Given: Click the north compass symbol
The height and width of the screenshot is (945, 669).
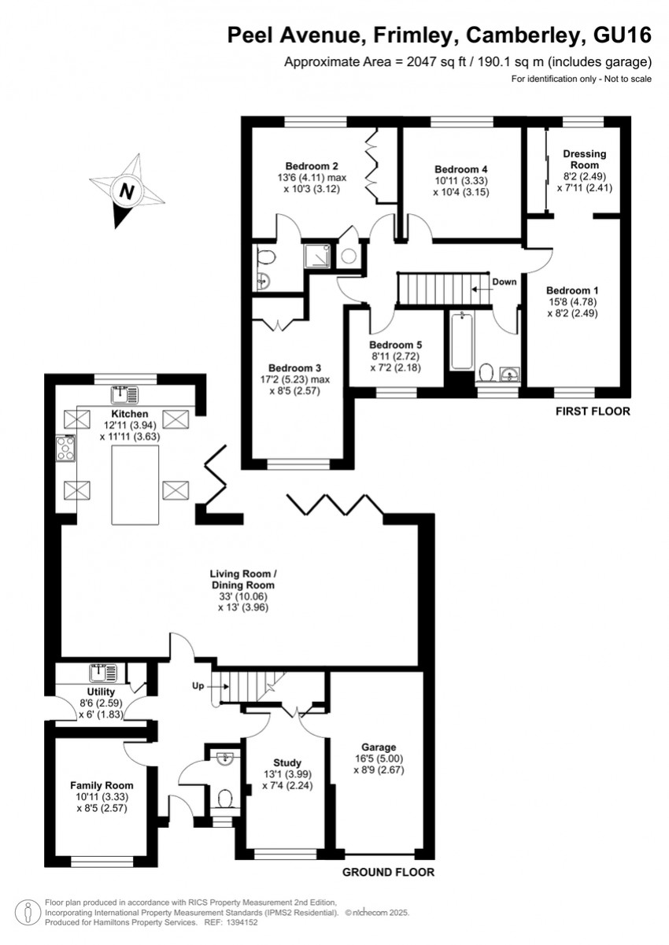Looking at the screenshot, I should click(x=125, y=191).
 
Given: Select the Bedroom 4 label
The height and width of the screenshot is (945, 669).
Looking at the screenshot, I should click(x=461, y=169).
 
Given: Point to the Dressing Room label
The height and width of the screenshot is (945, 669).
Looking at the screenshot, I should click(x=585, y=160).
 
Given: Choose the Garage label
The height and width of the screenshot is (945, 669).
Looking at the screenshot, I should click(x=379, y=747).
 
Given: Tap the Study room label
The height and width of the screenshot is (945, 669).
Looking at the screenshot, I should click(x=287, y=762).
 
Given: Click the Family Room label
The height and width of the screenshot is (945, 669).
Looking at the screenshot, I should click(x=102, y=785).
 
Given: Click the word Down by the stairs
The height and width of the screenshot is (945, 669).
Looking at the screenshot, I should click(x=504, y=282).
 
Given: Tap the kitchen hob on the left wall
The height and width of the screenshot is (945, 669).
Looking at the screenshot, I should click(x=65, y=449).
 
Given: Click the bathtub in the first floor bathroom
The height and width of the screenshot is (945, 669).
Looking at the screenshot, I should click(x=459, y=341).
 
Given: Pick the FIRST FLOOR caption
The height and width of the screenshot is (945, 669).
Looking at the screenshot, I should click(x=592, y=412).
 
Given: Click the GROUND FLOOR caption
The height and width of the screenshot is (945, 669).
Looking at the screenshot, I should click(x=388, y=872).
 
